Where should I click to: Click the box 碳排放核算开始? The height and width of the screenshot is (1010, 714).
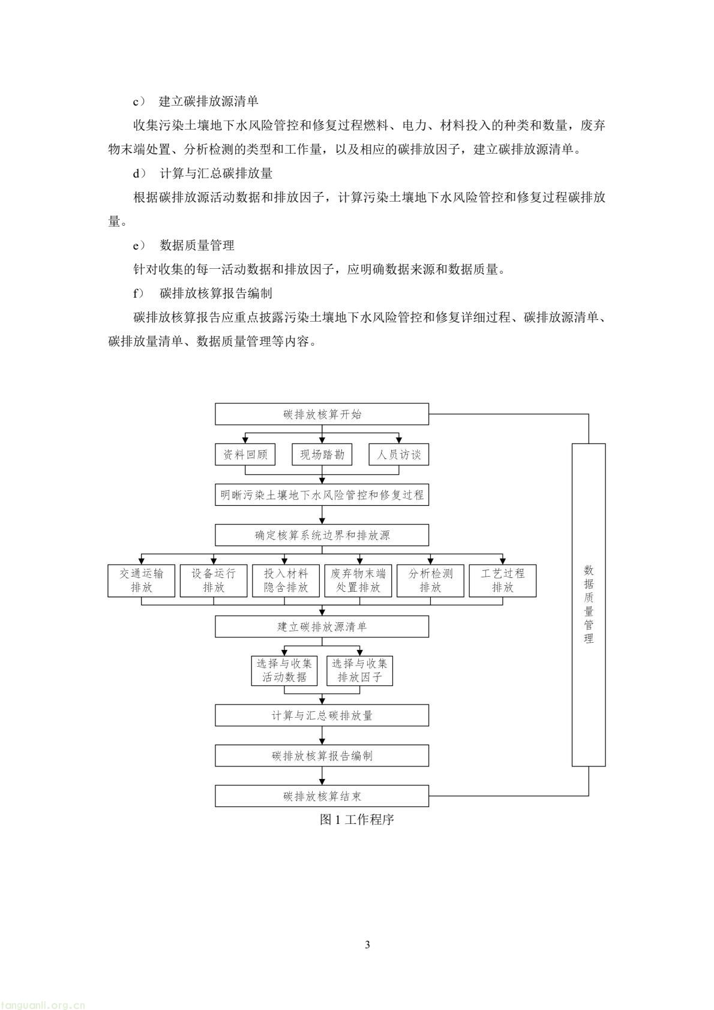point(322,414)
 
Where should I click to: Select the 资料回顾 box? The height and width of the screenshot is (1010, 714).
point(245,454)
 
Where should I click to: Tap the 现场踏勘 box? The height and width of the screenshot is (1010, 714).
point(322,454)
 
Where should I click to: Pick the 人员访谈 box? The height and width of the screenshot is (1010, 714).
point(399,454)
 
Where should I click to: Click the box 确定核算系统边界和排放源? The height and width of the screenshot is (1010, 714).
point(322,535)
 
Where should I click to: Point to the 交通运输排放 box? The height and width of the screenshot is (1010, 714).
point(141,580)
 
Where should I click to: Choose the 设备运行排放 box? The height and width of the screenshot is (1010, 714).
point(214,580)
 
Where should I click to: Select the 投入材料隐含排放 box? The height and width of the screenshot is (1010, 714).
point(286,580)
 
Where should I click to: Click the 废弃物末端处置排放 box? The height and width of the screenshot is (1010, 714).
point(358,580)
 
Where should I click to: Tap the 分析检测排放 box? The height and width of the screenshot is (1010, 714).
point(430,580)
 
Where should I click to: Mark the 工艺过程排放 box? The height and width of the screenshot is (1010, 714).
point(503,580)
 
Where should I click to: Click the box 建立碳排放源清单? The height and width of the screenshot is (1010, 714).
point(322,627)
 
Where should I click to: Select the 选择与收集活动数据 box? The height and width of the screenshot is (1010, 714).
point(284,670)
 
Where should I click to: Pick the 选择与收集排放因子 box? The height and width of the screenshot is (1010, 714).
point(360,670)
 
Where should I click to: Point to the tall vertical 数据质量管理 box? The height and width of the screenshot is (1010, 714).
point(589,604)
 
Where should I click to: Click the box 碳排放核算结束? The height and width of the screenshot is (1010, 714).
point(322,796)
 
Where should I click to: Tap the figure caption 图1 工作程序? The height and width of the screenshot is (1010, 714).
point(356,820)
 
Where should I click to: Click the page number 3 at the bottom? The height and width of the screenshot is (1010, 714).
point(367,945)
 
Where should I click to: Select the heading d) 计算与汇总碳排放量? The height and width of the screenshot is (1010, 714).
point(203,173)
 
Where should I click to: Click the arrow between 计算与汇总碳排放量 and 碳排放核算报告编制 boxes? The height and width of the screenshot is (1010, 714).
point(322,736)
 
